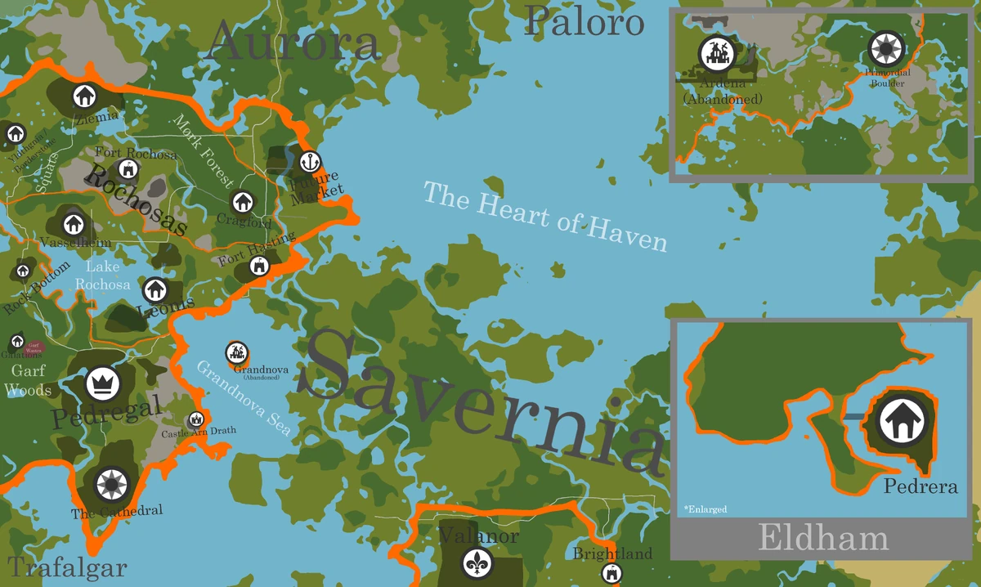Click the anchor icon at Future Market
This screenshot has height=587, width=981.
tap(309, 160)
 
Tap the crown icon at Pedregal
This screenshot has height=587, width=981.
tap(103, 382)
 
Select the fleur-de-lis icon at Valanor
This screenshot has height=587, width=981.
tap(477, 562)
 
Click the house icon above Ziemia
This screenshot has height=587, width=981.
tap(83, 96)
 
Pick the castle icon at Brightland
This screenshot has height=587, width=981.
tap(611, 573)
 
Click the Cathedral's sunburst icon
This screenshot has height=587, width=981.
tap(110, 485)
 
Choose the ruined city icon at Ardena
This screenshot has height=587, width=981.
tap(717, 54)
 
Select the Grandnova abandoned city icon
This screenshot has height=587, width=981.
tap(237, 352)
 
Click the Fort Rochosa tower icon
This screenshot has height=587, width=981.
tap(127, 169)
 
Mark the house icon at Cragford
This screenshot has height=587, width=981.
tap(242, 201)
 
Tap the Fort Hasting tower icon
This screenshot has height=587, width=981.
tap(260, 266)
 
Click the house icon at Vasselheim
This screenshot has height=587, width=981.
tap(74, 222)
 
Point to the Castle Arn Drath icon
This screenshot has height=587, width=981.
tap(196, 419)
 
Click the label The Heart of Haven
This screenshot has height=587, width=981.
tap(544, 216)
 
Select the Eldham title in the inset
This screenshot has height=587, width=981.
tap(823, 539)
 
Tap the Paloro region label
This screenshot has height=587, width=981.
tap(585, 22)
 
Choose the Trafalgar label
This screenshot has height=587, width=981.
tap(68, 567)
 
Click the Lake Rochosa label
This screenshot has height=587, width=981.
tap(102, 276)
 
